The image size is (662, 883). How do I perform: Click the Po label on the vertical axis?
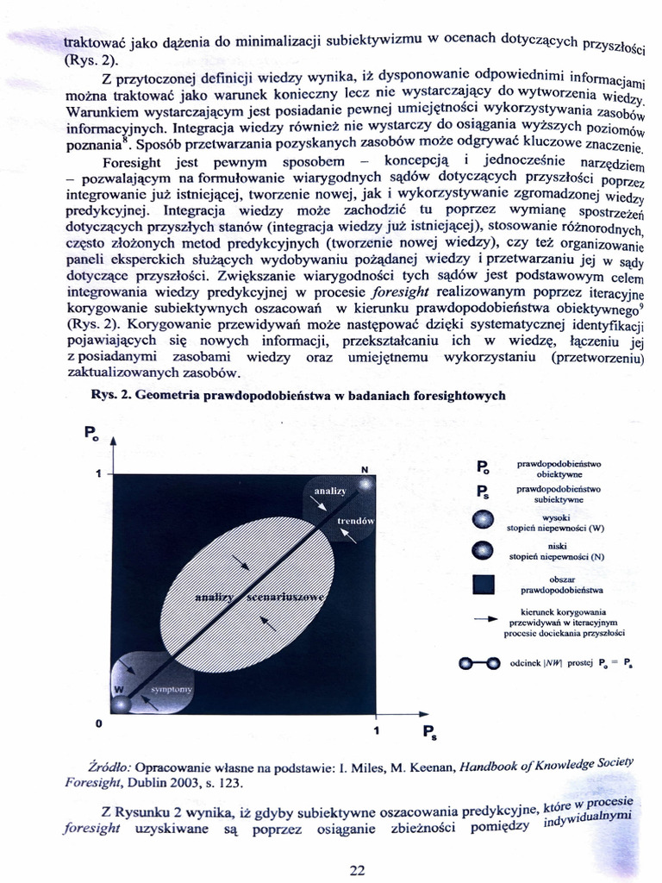pos(91,434)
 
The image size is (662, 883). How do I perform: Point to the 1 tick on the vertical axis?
pos(98,473)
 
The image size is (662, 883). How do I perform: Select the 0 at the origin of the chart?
pos(99,722)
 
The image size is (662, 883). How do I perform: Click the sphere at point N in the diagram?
pos(365,485)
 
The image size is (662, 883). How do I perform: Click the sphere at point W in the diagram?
pos(122,690)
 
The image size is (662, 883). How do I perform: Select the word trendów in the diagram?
pos(354,522)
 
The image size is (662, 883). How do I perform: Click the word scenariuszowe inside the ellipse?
pos(285,598)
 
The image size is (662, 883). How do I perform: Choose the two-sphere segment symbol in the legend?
pos(479,663)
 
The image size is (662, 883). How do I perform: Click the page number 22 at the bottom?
pos(358,870)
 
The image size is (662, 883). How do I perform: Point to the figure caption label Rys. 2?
pos(111,395)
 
